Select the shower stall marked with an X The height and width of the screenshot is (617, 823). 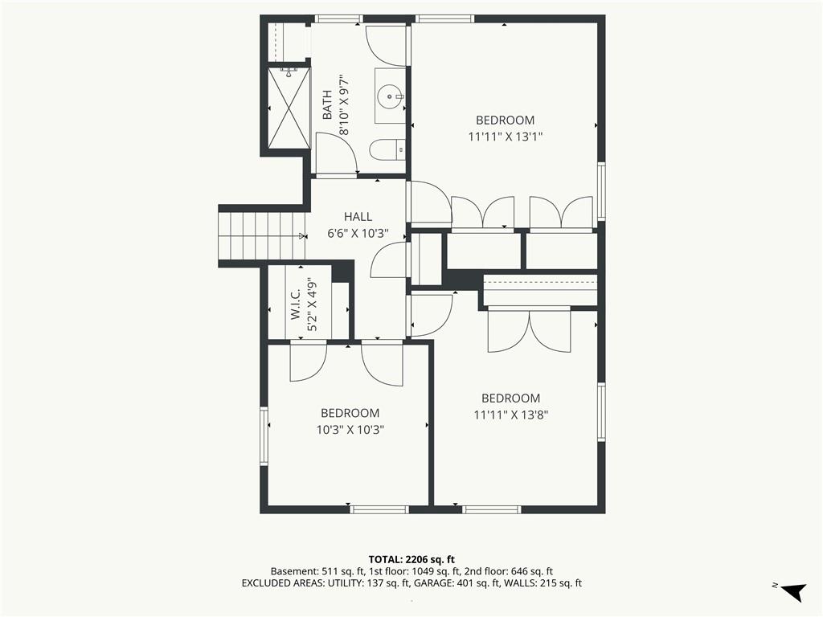pyautogui.click(x=289, y=108)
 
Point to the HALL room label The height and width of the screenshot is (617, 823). pyautogui.click(x=358, y=217)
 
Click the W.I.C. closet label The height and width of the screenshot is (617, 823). pyautogui.click(x=295, y=304)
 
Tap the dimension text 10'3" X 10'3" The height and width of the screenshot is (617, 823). pyautogui.click(x=350, y=430)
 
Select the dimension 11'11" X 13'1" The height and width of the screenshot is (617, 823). pyautogui.click(x=505, y=137)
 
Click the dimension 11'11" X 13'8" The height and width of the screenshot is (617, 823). pyautogui.click(x=510, y=415)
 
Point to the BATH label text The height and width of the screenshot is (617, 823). pyautogui.click(x=327, y=105)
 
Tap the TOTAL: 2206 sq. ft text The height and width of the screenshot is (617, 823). pyautogui.click(x=411, y=559)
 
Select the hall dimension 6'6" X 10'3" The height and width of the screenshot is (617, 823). pyautogui.click(x=358, y=234)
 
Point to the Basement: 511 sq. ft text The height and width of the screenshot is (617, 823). pyautogui.click(x=314, y=571)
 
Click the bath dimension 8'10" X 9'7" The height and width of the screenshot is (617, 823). pyautogui.click(x=344, y=105)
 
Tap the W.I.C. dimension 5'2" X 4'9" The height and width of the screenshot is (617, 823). pyautogui.click(x=312, y=304)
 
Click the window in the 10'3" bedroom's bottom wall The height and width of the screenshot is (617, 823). pyautogui.click(x=379, y=509)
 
